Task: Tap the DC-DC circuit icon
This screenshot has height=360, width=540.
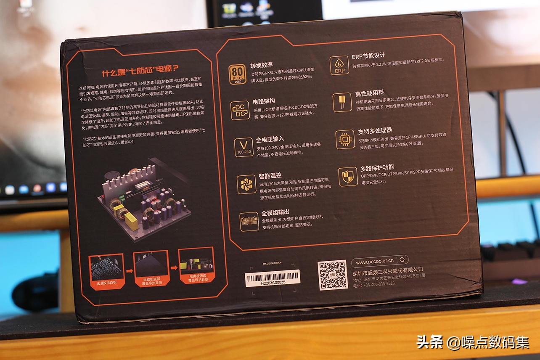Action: [x=240, y=110]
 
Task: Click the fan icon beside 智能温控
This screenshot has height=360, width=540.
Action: [x=246, y=184]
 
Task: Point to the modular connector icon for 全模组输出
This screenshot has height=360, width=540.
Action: [x=249, y=221]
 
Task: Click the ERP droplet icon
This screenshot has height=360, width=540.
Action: [x=339, y=65]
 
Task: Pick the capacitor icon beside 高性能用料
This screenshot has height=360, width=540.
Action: [x=342, y=102]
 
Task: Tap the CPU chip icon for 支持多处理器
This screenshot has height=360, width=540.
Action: [x=345, y=139]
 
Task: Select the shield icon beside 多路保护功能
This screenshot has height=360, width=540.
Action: [x=347, y=176]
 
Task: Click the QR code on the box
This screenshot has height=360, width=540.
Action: [x=333, y=274]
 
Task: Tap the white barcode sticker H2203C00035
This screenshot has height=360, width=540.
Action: [x=273, y=278]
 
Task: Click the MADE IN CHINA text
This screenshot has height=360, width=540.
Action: [x=272, y=263]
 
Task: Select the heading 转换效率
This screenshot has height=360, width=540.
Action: [x=262, y=65]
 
